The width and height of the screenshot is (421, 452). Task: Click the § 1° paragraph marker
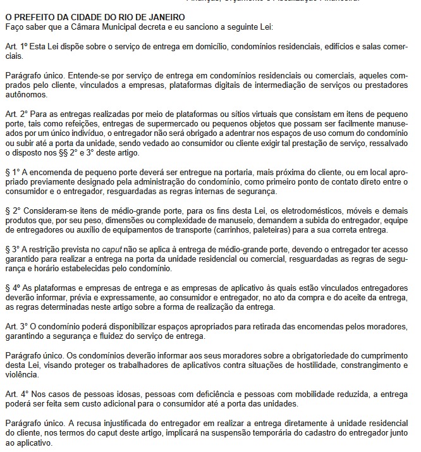[11, 171]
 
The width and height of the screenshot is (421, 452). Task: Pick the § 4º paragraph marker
[11, 287]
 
